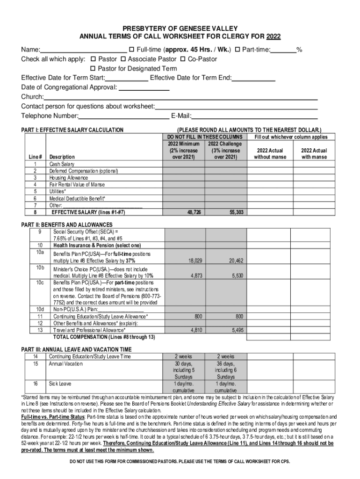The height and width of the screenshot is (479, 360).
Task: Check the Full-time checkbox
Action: tap(131, 50)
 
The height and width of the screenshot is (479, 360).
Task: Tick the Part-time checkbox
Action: tap(237, 50)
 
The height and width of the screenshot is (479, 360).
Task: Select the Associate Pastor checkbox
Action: tap(123, 59)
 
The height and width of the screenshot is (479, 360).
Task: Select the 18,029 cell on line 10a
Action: tap(195, 261)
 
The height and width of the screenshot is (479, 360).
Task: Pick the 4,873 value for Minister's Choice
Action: tap(196, 276)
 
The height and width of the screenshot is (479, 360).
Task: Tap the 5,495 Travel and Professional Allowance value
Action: tap(238, 330)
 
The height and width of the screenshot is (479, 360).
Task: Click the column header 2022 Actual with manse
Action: tap(314, 154)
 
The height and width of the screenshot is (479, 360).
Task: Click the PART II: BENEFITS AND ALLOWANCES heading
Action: tap(67, 225)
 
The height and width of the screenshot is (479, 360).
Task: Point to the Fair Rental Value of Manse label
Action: tap(77, 185)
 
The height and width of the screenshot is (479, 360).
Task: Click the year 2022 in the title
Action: tap(274, 37)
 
